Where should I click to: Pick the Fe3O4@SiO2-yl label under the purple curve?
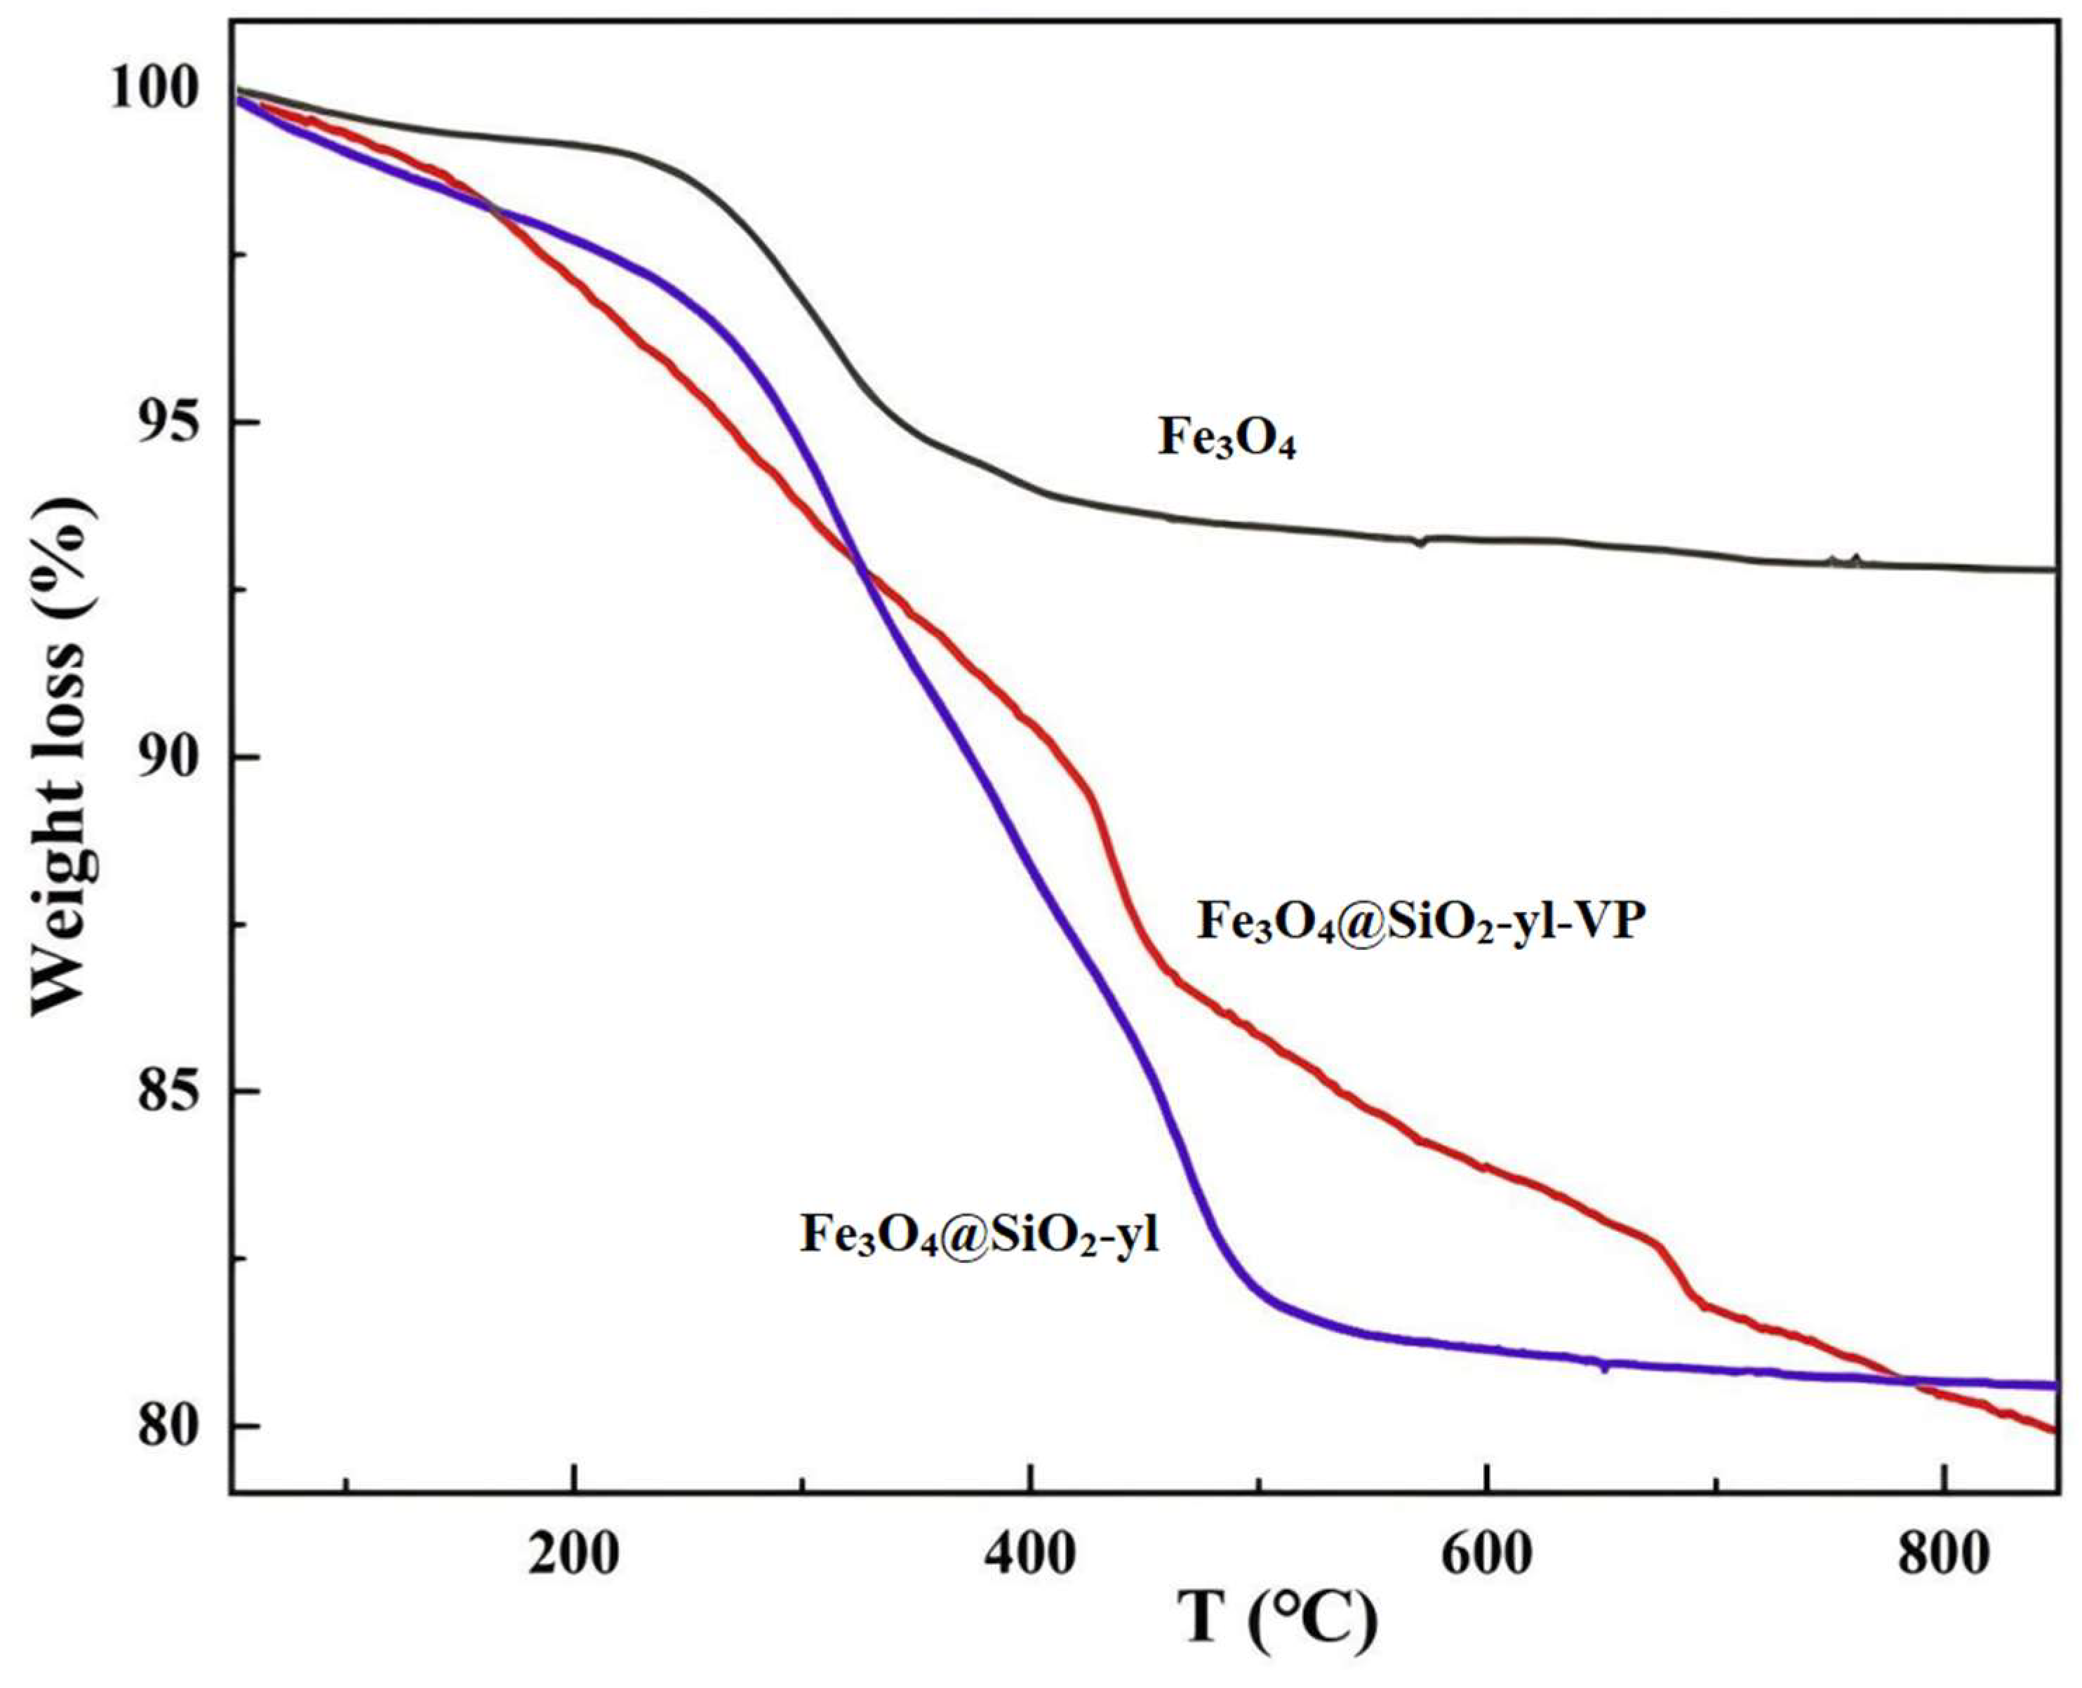(980, 1235)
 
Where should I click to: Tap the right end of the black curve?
(2054, 570)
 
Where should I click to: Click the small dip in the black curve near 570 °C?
(1421, 542)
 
